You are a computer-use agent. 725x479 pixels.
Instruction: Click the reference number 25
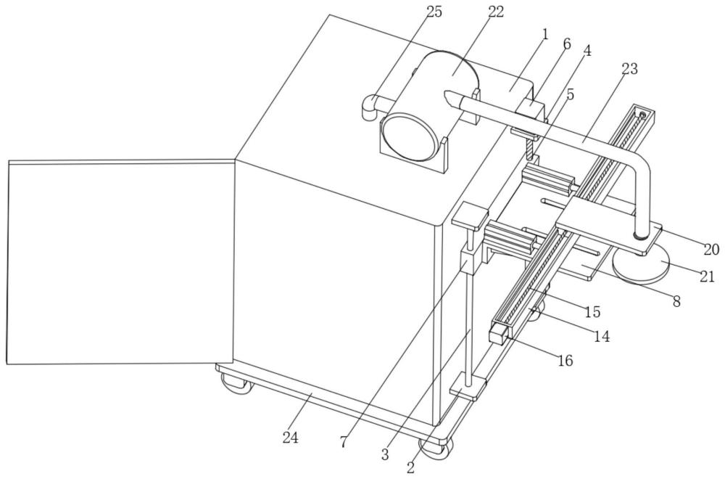click(x=434, y=12)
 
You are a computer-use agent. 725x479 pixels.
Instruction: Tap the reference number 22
click(x=495, y=12)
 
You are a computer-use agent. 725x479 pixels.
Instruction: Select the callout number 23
click(x=629, y=69)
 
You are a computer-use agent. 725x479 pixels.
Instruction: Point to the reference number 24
click(x=291, y=438)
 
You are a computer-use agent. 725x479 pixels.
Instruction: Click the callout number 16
click(x=565, y=359)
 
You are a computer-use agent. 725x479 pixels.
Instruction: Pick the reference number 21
click(x=707, y=277)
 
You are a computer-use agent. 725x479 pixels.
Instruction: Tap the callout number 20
click(x=712, y=250)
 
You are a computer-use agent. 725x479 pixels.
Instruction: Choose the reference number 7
click(x=343, y=443)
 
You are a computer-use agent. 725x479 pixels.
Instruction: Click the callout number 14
click(x=601, y=337)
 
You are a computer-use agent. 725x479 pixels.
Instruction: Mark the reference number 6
click(x=567, y=44)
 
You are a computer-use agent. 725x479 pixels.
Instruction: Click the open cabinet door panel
click(x=121, y=262)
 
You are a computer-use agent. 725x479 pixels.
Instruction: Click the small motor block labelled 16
click(x=499, y=334)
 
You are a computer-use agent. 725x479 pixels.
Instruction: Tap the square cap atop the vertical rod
click(x=471, y=217)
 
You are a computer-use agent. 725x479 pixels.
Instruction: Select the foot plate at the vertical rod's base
click(x=468, y=388)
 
